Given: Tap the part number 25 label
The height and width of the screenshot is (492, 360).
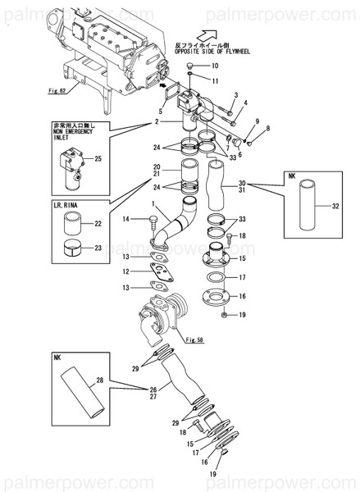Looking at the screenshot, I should pos(98,158).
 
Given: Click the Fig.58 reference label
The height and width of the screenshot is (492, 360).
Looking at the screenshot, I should pos(194,339).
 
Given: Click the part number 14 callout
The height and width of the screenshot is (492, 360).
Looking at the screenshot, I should pos(126,218).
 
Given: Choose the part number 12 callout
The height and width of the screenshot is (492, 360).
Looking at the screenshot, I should pos(126,271).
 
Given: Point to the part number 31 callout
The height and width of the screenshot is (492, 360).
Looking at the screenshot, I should pos(241,191).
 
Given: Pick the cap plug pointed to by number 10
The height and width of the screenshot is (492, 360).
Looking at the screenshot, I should pos(189,64).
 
